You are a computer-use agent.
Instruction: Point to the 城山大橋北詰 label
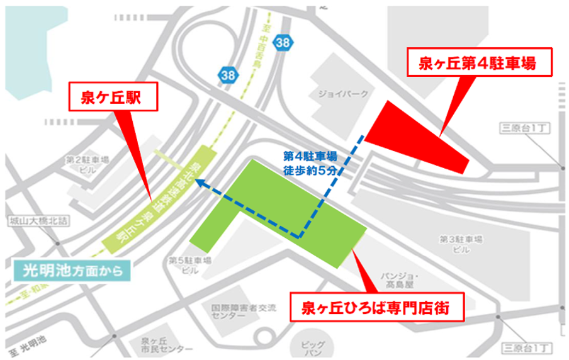[x=33, y=222]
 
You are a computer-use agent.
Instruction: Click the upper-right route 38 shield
[x=283, y=42]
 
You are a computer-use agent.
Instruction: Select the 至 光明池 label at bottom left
[x=24, y=347]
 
